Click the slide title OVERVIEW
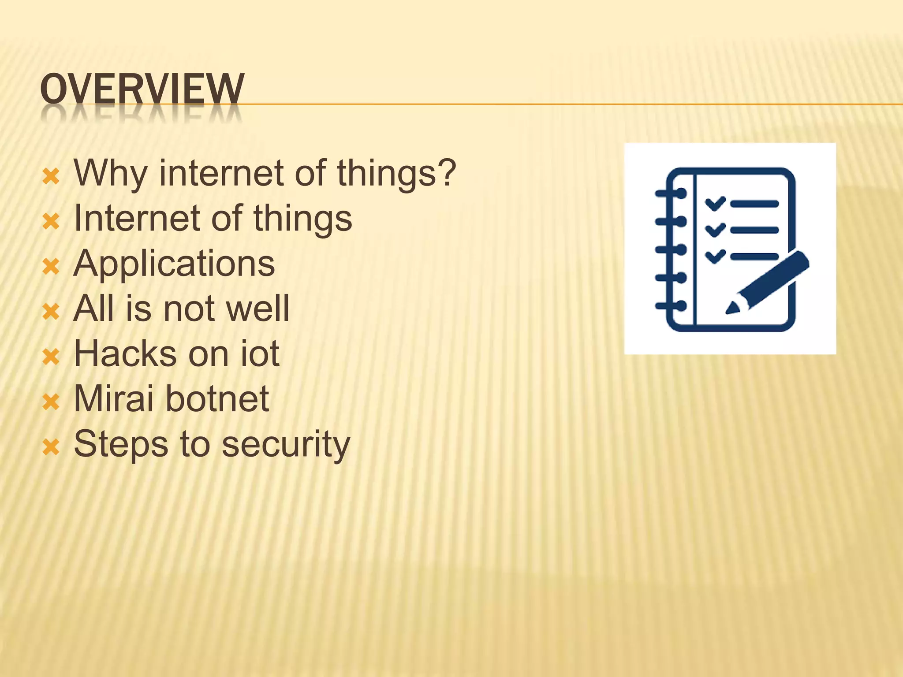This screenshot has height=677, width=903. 142,89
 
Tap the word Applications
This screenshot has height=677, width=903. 175,264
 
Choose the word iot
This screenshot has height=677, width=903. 260,353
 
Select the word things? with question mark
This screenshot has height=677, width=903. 396,173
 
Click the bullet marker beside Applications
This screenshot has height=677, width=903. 51,267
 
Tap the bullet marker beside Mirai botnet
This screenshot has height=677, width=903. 51,402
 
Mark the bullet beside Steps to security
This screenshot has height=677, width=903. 51,447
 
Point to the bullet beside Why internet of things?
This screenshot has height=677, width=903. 51,176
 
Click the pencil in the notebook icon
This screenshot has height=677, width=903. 769,282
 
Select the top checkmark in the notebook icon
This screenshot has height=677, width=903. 715,203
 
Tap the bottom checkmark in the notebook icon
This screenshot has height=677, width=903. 715,256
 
